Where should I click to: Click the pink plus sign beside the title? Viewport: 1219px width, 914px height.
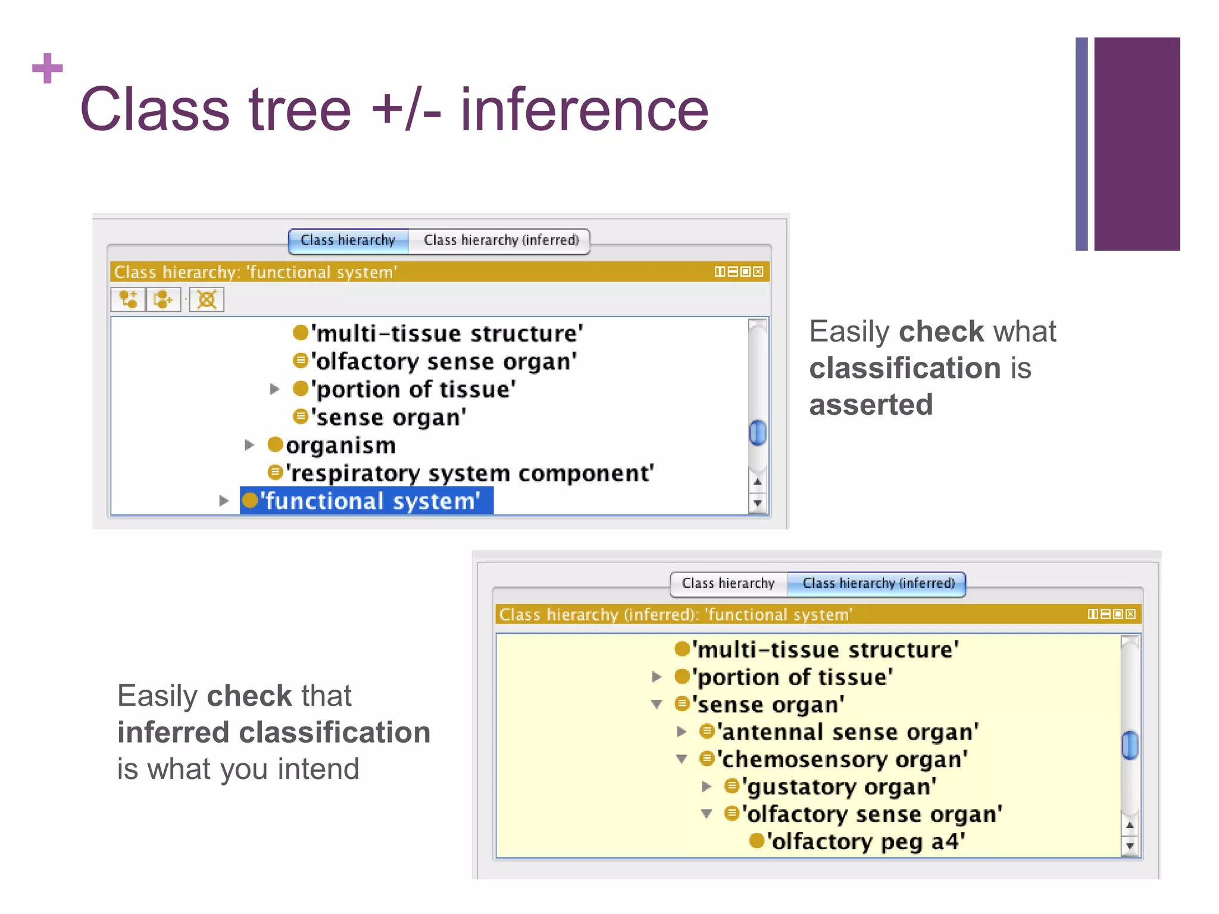tap(47, 68)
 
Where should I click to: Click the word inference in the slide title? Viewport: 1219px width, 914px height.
tap(584, 109)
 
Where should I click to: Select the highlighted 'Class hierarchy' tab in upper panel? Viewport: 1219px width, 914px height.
tap(348, 240)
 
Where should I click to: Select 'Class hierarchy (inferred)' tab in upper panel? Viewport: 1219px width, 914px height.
tap(501, 240)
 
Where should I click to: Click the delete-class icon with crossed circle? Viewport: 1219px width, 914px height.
tap(207, 299)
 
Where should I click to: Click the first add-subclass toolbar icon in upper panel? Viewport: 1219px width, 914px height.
tap(128, 299)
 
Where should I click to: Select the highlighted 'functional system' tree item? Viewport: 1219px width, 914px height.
tap(369, 501)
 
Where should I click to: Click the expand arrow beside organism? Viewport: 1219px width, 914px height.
tap(249, 445)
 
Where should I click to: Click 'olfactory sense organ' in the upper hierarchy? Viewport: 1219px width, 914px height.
tap(443, 362)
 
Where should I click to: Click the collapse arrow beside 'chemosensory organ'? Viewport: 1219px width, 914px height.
tap(682, 759)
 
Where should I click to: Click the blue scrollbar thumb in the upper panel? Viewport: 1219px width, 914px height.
tap(757, 433)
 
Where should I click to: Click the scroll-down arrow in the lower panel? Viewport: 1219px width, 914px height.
tap(1130, 846)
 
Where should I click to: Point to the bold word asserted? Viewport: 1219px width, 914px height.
tap(871, 405)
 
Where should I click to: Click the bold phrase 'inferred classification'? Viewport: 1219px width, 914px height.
tap(274, 732)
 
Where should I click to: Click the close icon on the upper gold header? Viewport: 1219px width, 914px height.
tap(758, 272)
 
